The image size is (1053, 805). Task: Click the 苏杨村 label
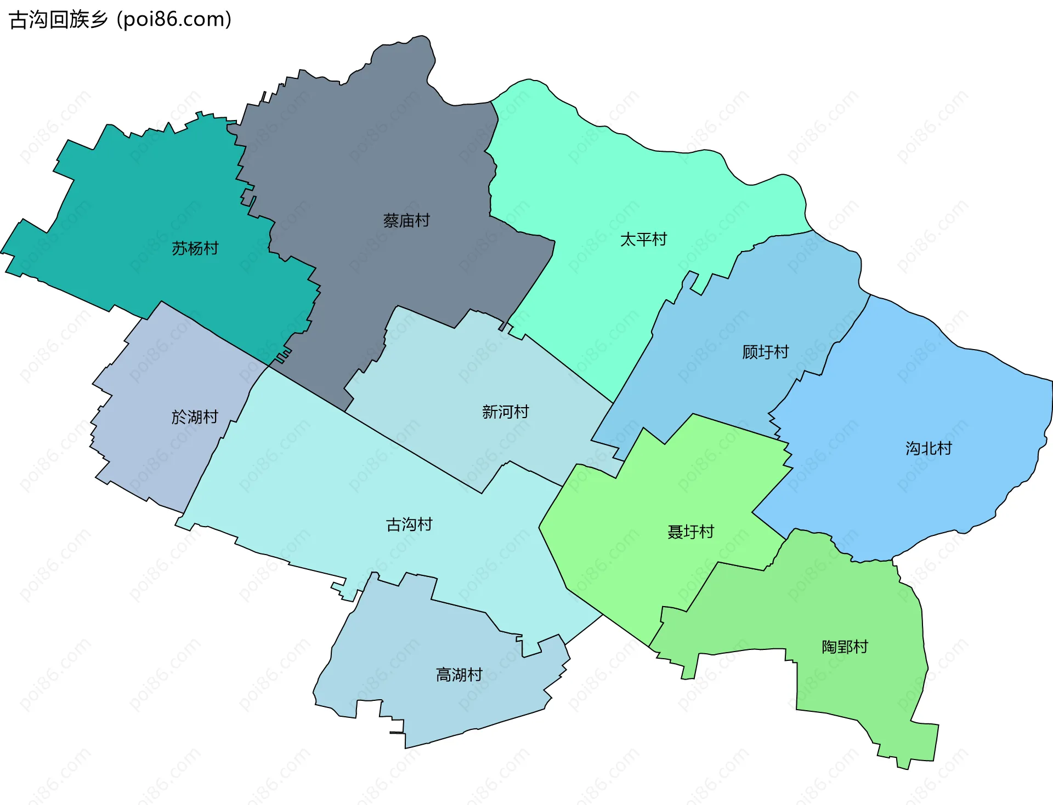[x=195, y=249]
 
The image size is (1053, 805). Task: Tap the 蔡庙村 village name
[x=406, y=221]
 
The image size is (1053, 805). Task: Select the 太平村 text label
[x=643, y=239]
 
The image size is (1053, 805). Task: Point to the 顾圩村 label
[x=766, y=352]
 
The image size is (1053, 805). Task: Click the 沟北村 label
[x=929, y=449]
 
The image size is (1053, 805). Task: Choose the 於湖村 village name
[x=195, y=417]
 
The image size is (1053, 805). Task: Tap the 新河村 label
[x=505, y=412]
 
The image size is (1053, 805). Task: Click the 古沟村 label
[x=409, y=525]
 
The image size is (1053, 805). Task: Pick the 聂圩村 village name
[x=690, y=532]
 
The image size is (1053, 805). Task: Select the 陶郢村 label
[x=845, y=647]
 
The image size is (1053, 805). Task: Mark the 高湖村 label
[x=459, y=675]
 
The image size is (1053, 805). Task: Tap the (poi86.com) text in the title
[x=174, y=20]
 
